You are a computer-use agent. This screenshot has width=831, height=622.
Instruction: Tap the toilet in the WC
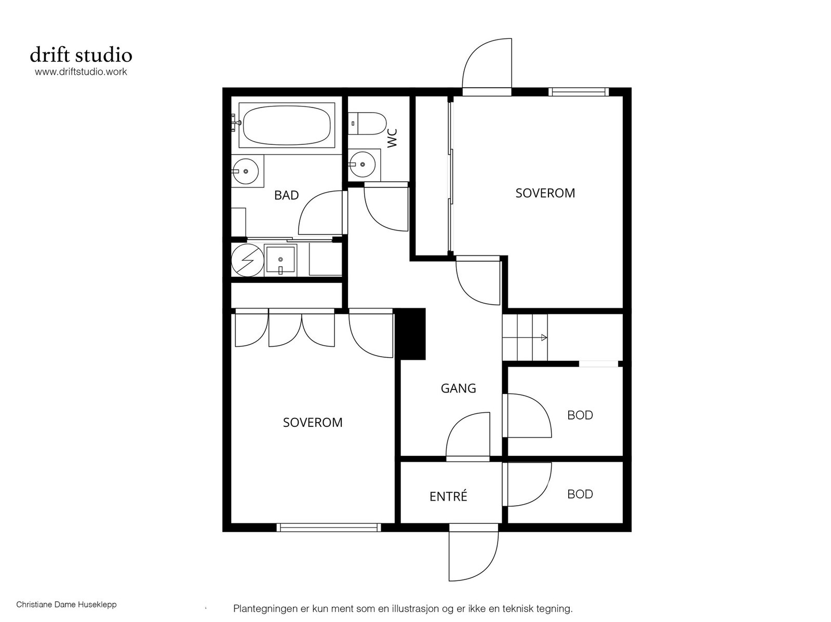(x=367, y=124)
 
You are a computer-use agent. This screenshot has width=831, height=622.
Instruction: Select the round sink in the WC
(x=363, y=164)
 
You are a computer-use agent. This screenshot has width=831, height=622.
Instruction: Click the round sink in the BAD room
(x=245, y=171)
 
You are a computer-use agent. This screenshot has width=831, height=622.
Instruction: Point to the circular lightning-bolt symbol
(x=248, y=260)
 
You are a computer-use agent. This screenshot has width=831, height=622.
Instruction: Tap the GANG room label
(x=458, y=388)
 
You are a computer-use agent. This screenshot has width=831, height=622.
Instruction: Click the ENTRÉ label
(x=448, y=496)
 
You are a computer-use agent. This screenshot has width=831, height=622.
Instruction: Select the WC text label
(x=392, y=138)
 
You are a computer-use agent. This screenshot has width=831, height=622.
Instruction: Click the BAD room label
(x=286, y=195)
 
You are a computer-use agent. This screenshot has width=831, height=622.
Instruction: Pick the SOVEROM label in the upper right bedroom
(x=545, y=193)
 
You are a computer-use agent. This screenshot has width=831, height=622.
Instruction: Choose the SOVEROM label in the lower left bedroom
(x=313, y=422)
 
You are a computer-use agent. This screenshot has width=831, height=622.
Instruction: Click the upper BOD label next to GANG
(x=580, y=415)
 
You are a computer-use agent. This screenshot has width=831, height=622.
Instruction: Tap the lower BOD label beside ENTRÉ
(x=580, y=494)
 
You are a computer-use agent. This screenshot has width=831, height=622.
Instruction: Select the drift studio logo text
(x=81, y=55)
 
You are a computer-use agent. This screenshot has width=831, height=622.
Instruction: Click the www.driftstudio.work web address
(x=81, y=72)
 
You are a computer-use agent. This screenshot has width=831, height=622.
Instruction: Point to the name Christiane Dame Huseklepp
(x=66, y=604)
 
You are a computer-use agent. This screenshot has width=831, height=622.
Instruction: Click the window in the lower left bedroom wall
(x=329, y=528)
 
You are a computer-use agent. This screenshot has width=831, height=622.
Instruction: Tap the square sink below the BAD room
(x=280, y=260)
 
